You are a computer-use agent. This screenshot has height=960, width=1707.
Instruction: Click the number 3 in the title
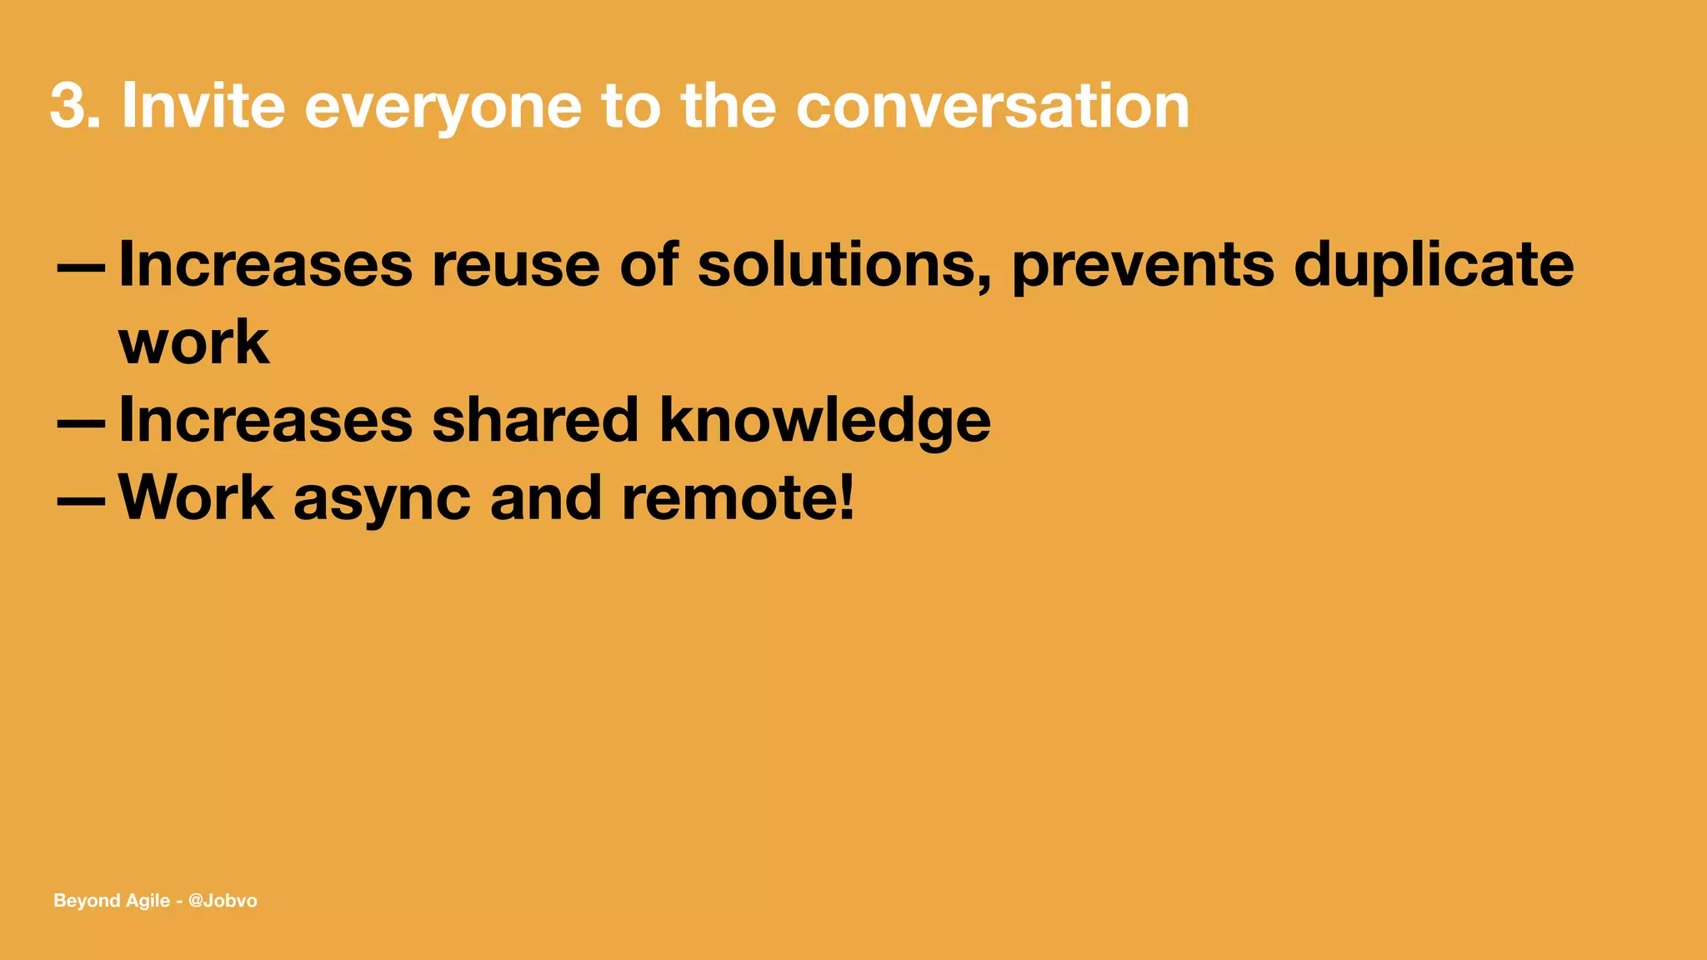pos(68,107)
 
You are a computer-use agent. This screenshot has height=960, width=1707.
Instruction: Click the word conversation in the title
pos(992,107)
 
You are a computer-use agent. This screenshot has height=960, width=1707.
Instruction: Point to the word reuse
pos(515,265)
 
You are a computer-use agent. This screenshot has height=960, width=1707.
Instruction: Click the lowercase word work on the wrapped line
pos(194,342)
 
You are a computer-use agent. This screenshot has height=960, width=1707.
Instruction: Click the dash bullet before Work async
pos(81,501)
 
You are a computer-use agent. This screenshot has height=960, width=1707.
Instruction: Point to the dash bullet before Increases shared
pos(81,423)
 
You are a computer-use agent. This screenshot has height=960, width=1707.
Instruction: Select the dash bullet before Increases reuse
pos(81,268)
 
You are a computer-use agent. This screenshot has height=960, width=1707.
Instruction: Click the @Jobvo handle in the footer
pos(223,901)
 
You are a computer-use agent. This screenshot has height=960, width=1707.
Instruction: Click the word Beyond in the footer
pos(86,901)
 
